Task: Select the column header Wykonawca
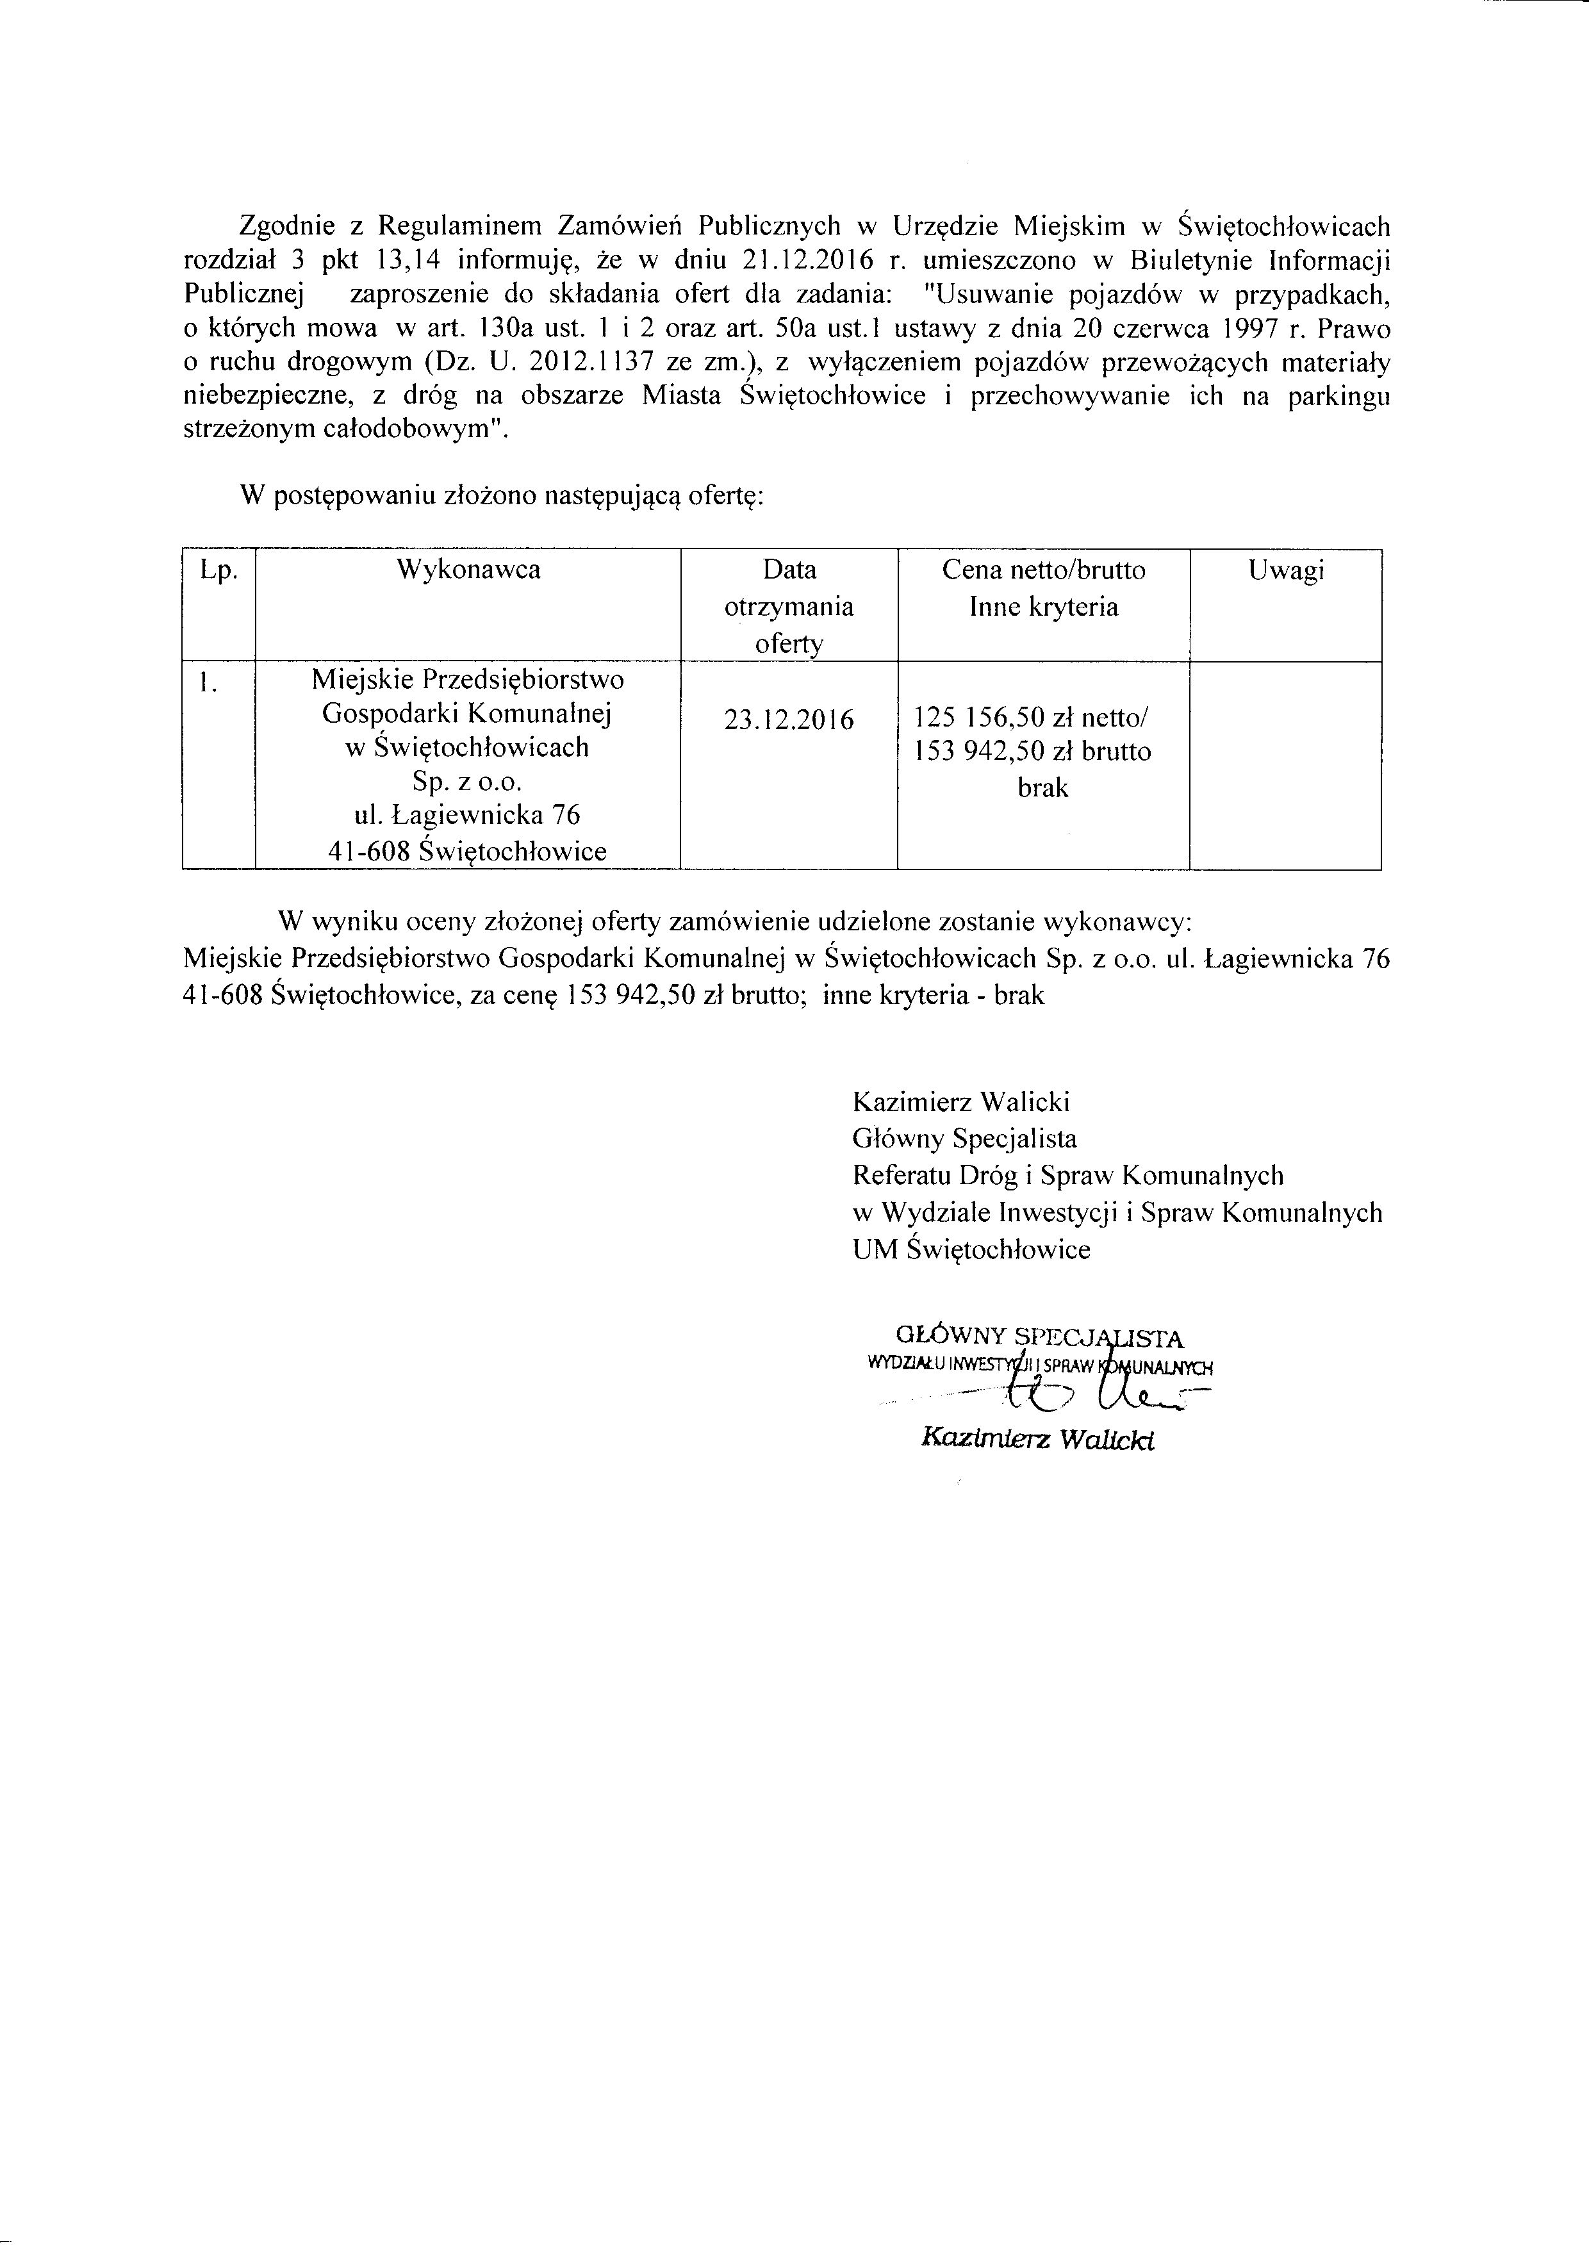pyautogui.click(x=468, y=570)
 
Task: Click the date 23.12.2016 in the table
pyautogui.click(x=789, y=720)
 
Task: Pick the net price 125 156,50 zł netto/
pyautogui.click(x=1032, y=718)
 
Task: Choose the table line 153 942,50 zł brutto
pyautogui.click(x=1032, y=753)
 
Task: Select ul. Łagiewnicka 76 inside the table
pyautogui.click(x=468, y=815)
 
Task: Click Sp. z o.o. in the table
pyautogui.click(x=468, y=782)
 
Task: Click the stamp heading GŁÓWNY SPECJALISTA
pyautogui.click(x=1040, y=1337)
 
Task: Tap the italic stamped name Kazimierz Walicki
pyautogui.click(x=1038, y=1440)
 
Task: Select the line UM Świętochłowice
pyautogui.click(x=971, y=1250)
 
